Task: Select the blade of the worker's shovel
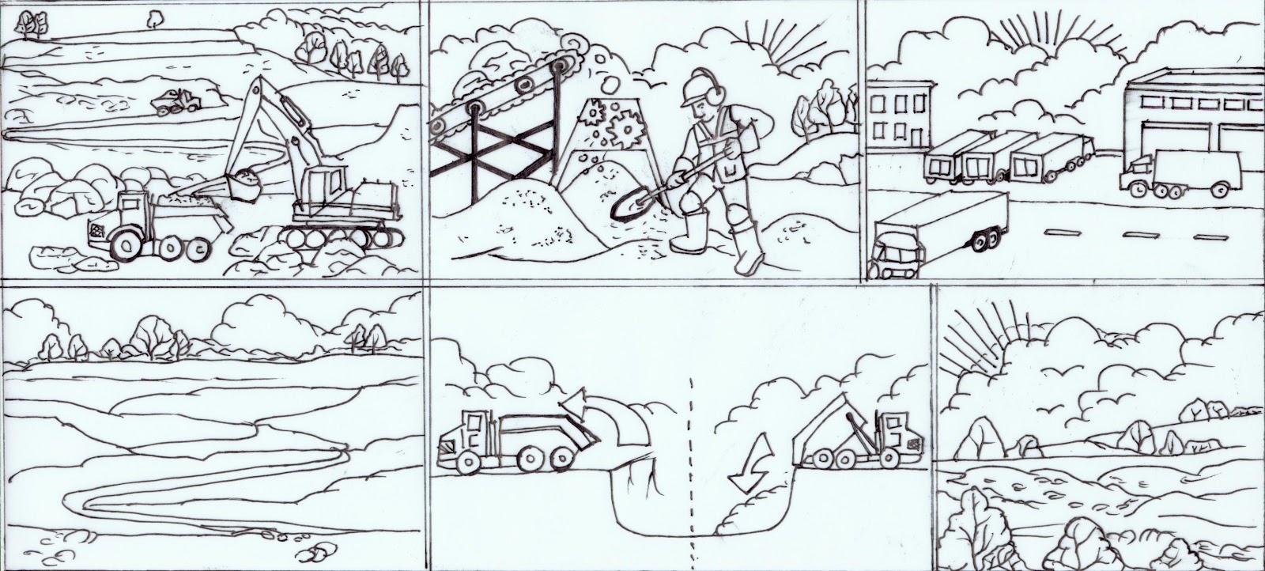click(x=626, y=205)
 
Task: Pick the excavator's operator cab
click(x=324, y=187)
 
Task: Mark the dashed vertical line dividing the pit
click(x=692, y=459)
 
